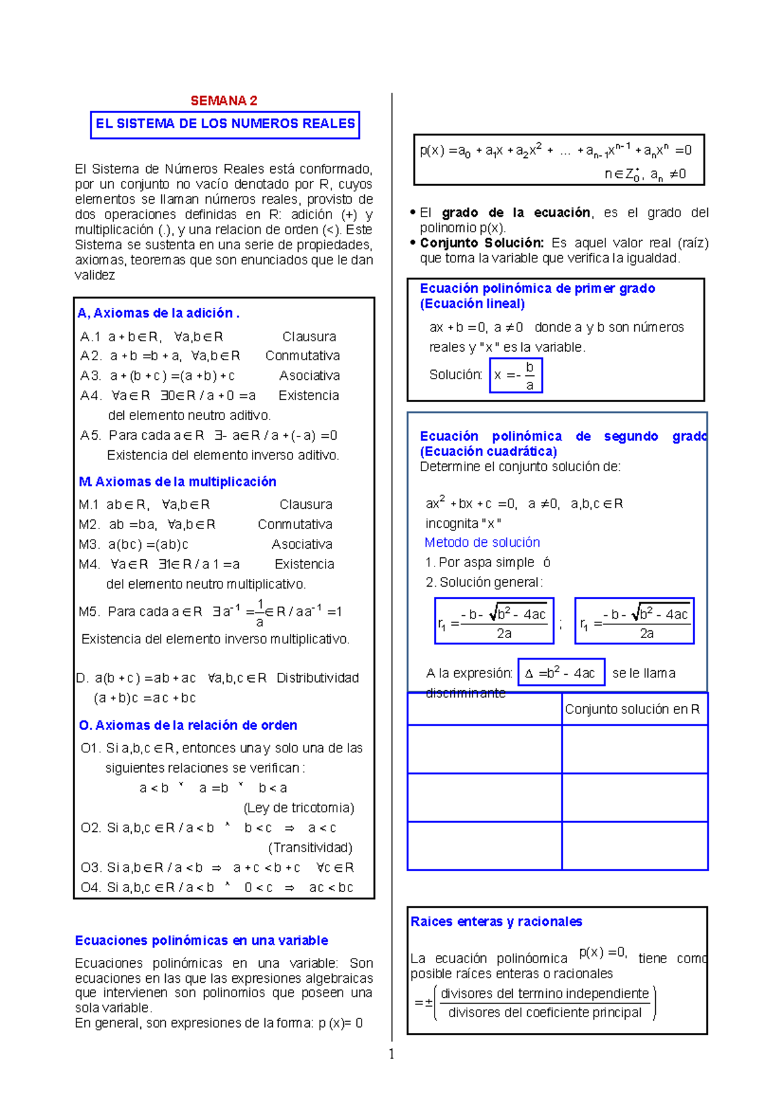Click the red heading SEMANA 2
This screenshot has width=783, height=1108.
pyautogui.click(x=224, y=100)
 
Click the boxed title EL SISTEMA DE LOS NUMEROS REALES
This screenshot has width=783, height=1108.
pyautogui.click(x=225, y=124)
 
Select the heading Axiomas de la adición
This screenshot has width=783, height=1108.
pyautogui.click(x=159, y=313)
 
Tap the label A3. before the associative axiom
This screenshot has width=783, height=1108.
pyautogui.click(x=91, y=376)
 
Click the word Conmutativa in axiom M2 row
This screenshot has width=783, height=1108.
pyautogui.click(x=295, y=525)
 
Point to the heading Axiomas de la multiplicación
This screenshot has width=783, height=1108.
pyautogui.click(x=177, y=482)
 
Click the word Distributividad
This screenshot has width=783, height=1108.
pyautogui.click(x=318, y=678)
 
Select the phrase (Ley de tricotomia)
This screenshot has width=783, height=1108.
pyautogui.click(x=299, y=808)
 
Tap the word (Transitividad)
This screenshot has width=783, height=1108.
pyautogui.click(x=311, y=848)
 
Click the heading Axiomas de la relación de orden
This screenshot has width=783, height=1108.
pyautogui.click(x=188, y=726)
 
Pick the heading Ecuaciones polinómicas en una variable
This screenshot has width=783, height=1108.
pyautogui.click(x=202, y=940)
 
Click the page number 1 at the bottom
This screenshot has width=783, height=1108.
pyautogui.click(x=391, y=1054)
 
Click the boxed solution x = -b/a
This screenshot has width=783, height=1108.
pyautogui.click(x=515, y=375)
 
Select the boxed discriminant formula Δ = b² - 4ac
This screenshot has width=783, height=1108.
pyautogui.click(x=561, y=673)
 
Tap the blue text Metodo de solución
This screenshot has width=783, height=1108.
pyautogui.click(x=482, y=542)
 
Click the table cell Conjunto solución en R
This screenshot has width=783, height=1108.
pyautogui.click(x=632, y=709)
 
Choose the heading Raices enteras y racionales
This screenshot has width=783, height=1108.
pyautogui.click(x=496, y=921)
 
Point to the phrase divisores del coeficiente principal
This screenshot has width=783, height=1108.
pyautogui.click(x=545, y=1013)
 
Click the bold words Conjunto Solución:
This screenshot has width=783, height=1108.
pyautogui.click(x=482, y=243)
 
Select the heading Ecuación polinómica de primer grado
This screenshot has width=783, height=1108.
pyautogui.click(x=537, y=288)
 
